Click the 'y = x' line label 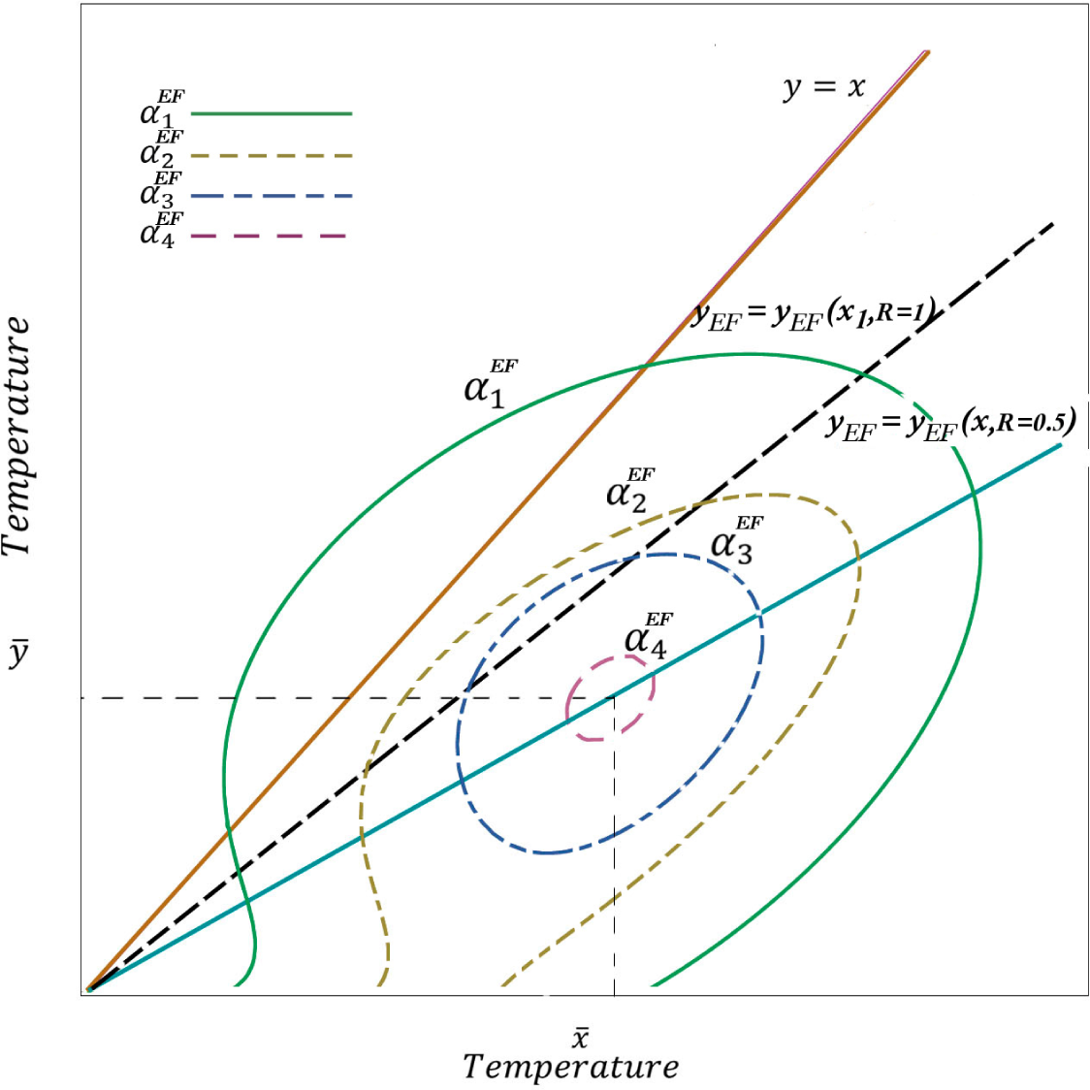tap(823, 88)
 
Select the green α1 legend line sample tap(272, 113)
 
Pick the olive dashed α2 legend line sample tap(272, 155)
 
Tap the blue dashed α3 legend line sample tap(272, 196)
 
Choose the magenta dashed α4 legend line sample tap(269, 236)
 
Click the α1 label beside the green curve tap(490, 384)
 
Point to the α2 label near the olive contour tap(629, 490)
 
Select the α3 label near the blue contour tap(736, 540)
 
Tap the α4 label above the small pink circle tap(647, 636)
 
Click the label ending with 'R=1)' tap(813, 315)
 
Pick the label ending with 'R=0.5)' tap(950, 424)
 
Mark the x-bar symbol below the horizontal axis tap(579, 1037)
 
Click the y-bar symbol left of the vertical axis tap(18, 655)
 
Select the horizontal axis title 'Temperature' tap(570, 1067)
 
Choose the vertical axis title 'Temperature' tap(17, 436)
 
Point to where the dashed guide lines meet tap(614, 697)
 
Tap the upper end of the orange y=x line tap(927, 52)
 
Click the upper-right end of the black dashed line tap(1052, 224)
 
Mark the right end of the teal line tap(1061, 445)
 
